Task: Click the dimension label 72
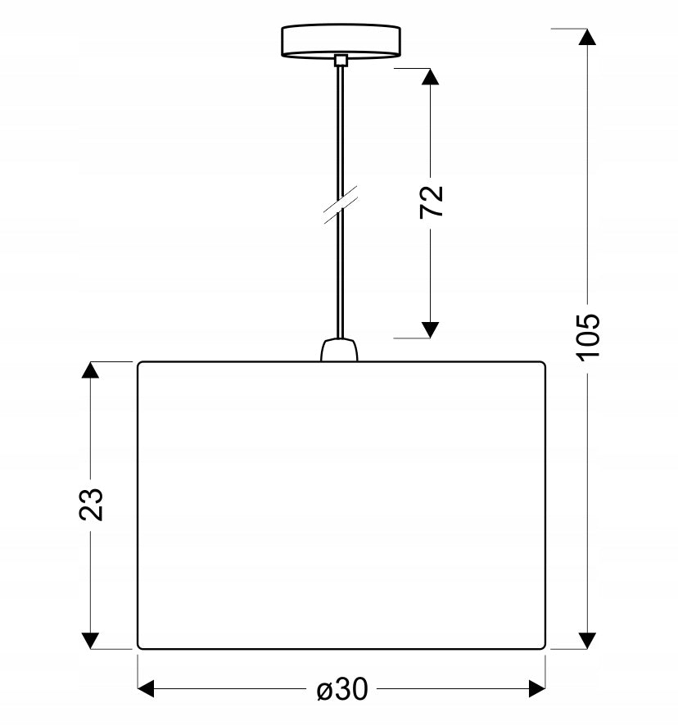432,202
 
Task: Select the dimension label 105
588,336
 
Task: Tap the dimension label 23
91,504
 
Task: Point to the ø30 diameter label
342,689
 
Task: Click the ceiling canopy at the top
341,41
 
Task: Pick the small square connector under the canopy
341,60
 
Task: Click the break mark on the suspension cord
341,205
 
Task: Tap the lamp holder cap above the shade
339,350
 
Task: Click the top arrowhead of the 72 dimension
431,76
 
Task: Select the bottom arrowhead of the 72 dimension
431,330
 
